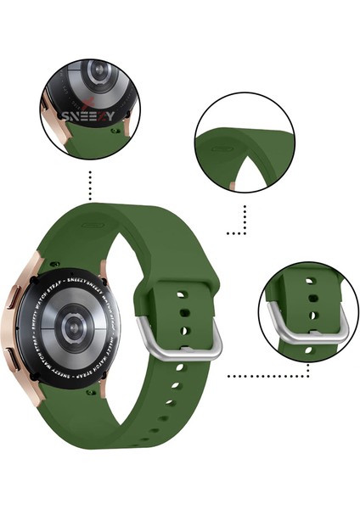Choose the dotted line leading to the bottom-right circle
(255, 373)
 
